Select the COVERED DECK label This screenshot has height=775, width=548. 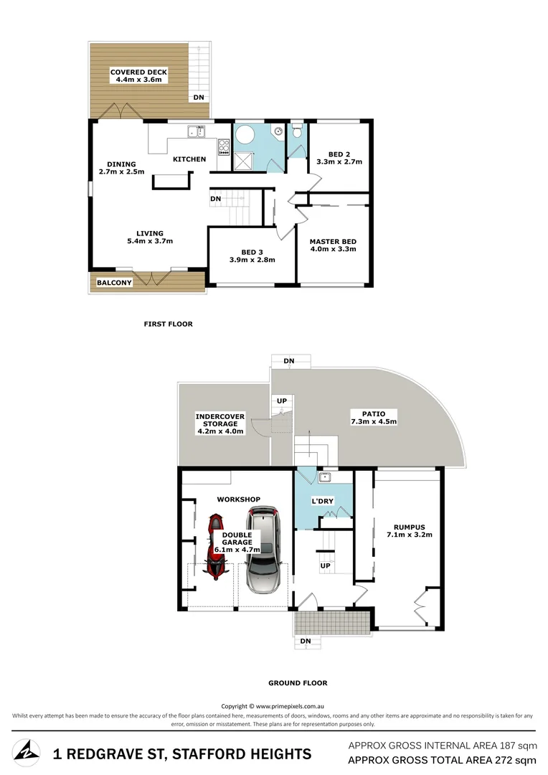(x=138, y=72)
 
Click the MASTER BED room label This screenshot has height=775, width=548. (x=332, y=241)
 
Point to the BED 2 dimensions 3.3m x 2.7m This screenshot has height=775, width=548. (x=339, y=162)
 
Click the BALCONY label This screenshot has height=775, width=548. (x=114, y=283)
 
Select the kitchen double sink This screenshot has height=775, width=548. (x=196, y=131)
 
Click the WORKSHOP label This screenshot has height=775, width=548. (x=238, y=499)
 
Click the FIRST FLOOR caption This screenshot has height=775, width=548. (x=168, y=324)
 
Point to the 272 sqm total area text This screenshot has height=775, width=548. (x=510, y=759)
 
